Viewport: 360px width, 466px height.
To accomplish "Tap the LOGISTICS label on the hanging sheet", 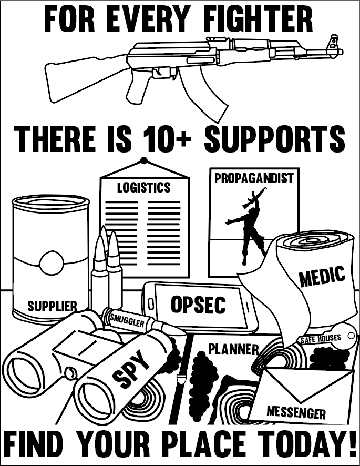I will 143,187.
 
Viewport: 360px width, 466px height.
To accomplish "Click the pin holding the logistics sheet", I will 143,160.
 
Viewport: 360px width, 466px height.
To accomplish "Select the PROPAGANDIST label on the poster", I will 253,178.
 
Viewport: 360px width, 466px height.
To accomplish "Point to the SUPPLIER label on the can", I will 52,306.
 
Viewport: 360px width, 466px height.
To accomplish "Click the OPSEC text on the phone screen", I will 198,304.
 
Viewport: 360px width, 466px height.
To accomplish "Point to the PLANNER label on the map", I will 233,349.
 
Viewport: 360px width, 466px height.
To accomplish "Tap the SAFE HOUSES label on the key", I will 320,339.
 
